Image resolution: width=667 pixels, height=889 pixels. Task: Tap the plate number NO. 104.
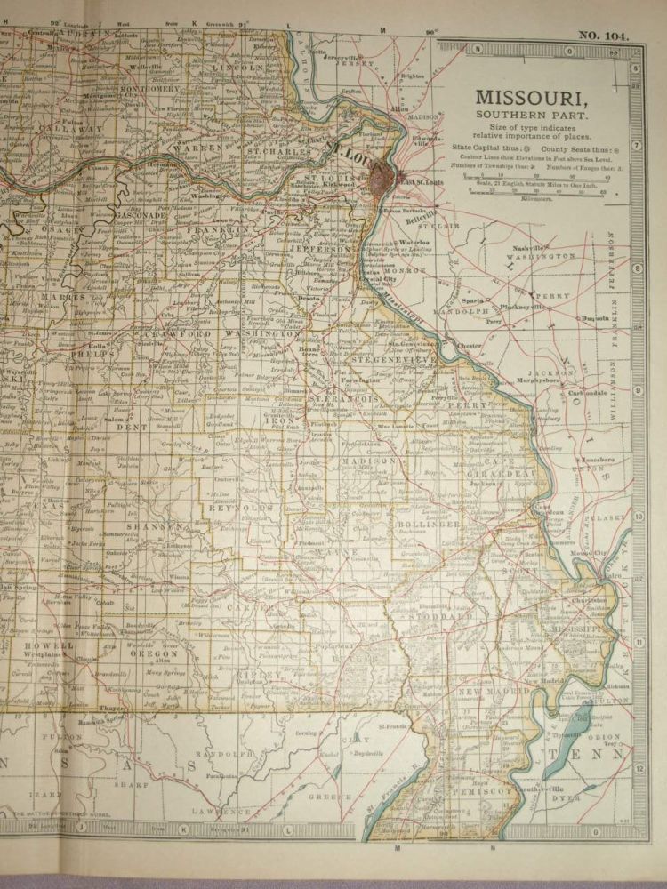(603, 36)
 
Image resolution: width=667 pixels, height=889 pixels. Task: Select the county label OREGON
(157, 653)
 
